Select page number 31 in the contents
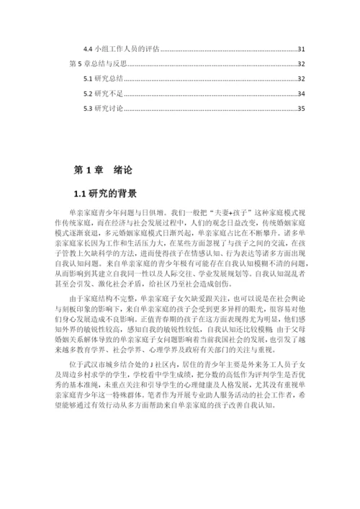coord(302,49)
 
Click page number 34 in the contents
coord(302,94)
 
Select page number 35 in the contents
coord(302,109)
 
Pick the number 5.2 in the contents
coord(88,94)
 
